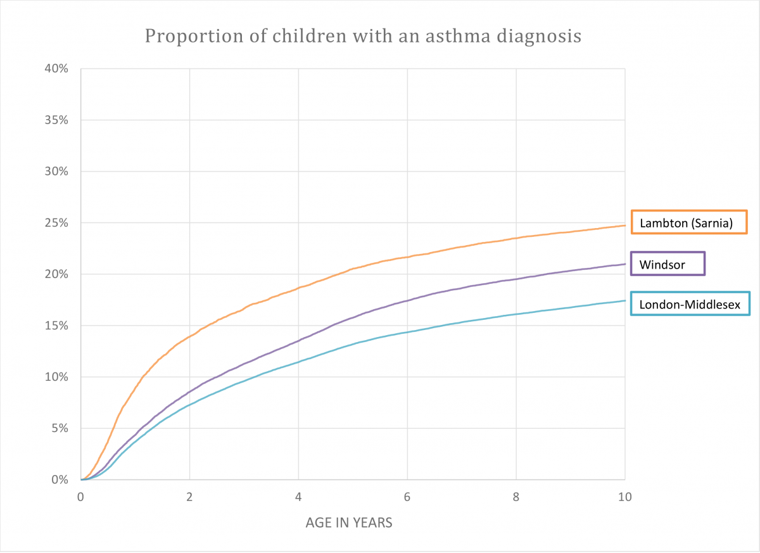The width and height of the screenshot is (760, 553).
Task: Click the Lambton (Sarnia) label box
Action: tap(688, 222)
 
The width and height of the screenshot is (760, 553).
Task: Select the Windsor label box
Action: tap(667, 264)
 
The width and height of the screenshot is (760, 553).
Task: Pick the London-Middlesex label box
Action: tap(690, 305)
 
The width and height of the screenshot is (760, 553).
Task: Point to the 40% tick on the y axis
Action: tap(56, 68)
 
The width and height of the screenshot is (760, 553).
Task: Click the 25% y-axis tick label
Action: tap(56, 223)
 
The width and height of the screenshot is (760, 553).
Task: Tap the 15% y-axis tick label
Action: tap(56, 326)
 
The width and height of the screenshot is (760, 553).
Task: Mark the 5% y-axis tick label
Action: tap(59, 428)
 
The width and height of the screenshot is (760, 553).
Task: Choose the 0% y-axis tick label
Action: tap(59, 480)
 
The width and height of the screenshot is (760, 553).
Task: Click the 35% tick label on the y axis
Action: tap(56, 120)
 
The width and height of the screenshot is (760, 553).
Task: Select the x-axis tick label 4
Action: tap(298, 497)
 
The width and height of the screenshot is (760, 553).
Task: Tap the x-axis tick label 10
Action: tap(624, 497)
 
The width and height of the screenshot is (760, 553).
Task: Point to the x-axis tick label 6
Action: tap(407, 497)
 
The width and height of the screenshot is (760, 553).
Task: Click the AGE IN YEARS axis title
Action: tap(349, 523)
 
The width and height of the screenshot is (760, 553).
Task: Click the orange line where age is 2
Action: tap(189, 336)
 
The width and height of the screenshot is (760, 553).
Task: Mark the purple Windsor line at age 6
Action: tap(407, 300)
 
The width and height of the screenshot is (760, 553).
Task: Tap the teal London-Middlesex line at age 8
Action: tap(516, 314)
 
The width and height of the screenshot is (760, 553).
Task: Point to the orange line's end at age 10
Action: tap(624, 226)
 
